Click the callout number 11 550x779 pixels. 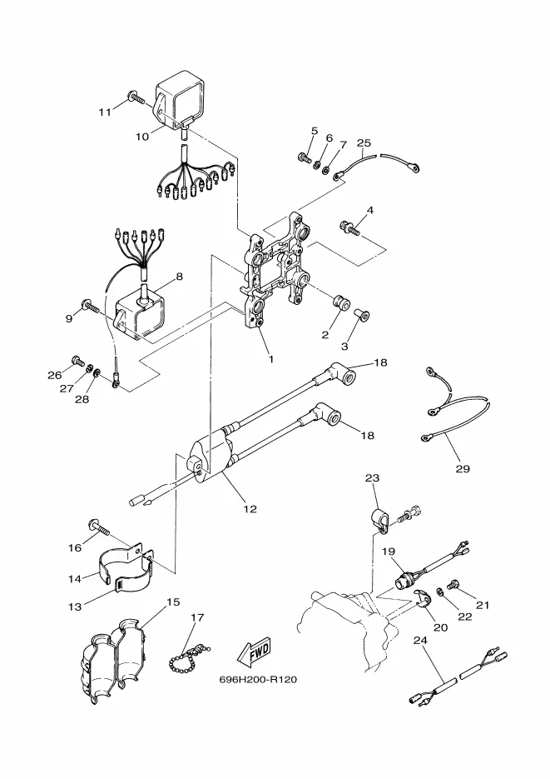[105, 112]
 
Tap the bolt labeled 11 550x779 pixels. [136, 97]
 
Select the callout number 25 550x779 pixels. [364, 143]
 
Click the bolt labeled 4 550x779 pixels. [349, 228]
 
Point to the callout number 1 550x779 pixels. [270, 359]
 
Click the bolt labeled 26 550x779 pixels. [77, 360]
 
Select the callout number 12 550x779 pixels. [250, 509]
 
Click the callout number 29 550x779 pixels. [463, 468]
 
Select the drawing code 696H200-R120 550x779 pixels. [258, 679]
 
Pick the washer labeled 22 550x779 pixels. [440, 592]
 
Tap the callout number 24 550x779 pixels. [420, 641]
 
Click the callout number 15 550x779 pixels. [173, 602]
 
